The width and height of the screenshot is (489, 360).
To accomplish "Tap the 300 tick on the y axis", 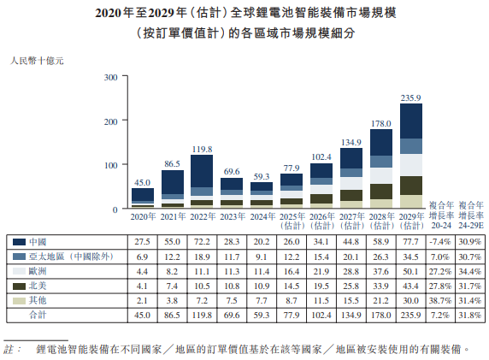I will [109, 78].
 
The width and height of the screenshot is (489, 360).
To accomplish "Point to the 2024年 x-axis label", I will [262, 218].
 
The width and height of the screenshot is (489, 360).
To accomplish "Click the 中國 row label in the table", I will [37, 242].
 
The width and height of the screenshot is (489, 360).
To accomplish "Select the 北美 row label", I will [37, 286].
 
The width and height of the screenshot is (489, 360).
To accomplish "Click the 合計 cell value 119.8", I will [202, 315].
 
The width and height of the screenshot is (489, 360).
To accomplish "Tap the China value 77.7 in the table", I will [411, 242].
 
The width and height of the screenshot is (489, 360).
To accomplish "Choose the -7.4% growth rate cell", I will [440, 242].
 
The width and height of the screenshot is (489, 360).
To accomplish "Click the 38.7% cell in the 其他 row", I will [440, 300].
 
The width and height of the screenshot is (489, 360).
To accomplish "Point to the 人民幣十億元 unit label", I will [36, 61].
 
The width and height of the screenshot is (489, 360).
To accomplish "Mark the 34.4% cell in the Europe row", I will [468, 271].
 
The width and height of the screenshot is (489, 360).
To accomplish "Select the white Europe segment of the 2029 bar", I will [411, 164].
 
